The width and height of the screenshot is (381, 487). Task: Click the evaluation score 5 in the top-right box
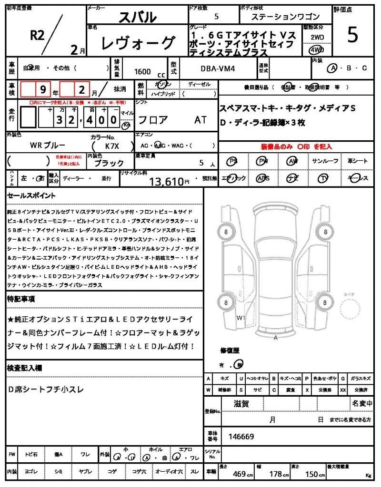tap(352, 36)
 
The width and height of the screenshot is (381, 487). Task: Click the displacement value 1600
tap(142, 72)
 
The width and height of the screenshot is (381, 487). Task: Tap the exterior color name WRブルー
tap(48, 145)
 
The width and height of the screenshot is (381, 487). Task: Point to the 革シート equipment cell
tap(358, 161)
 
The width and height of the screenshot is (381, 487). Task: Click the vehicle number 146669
tap(241, 436)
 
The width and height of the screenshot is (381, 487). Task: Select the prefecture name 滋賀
tap(241, 404)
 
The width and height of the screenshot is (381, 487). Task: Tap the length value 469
tap(239, 474)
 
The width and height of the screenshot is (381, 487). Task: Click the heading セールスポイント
tap(32, 195)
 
